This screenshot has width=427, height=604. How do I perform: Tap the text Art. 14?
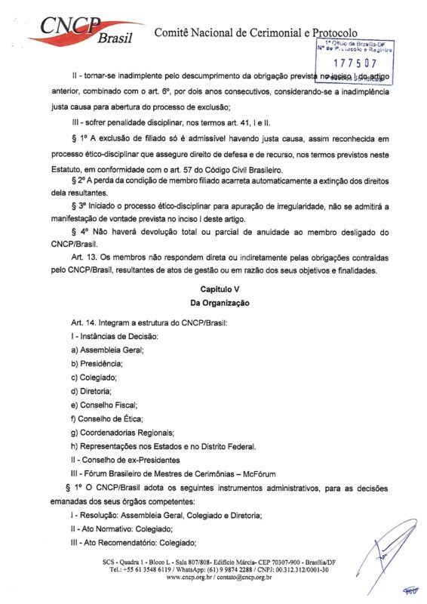click(83, 323)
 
